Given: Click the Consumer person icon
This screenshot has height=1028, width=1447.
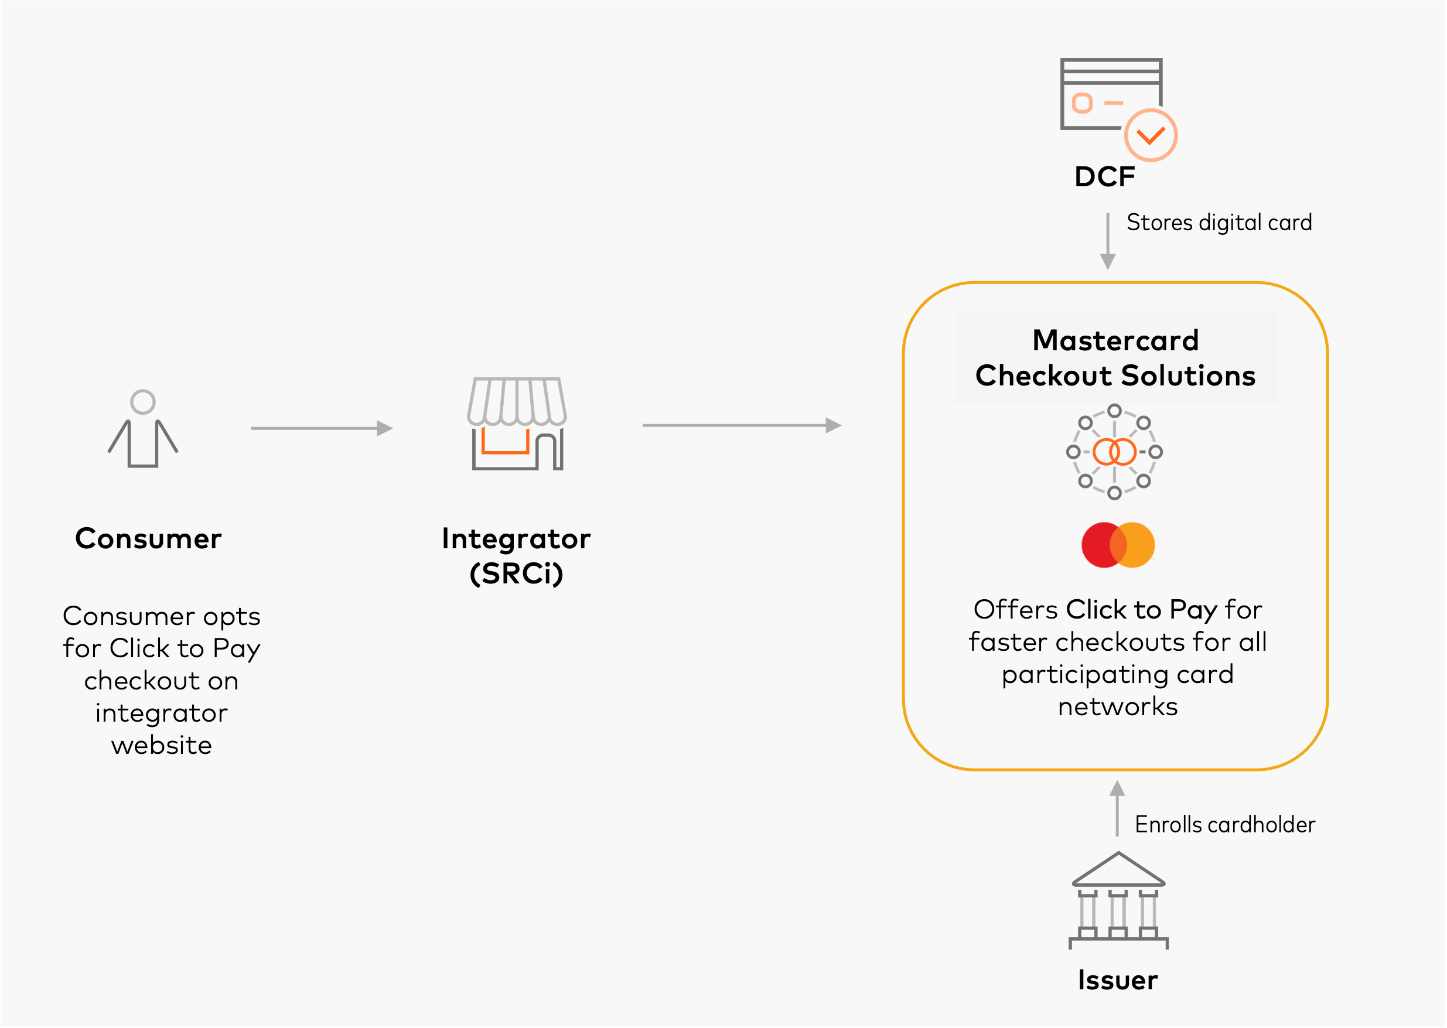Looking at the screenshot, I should point(143,429).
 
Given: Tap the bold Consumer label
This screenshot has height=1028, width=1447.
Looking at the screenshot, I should point(148,539).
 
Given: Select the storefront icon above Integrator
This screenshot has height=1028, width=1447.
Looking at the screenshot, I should point(517,424).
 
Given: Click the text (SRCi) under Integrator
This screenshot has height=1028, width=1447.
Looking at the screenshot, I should point(516,573).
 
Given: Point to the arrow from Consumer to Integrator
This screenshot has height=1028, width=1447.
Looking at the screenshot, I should point(322,429).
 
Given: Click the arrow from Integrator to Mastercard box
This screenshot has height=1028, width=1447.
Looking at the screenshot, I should point(741,425).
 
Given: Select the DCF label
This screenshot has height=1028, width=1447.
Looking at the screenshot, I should point(1104,177).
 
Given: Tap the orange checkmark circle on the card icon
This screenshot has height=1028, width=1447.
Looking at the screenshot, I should point(1150,135).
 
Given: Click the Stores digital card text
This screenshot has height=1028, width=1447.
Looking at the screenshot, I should point(1219,223).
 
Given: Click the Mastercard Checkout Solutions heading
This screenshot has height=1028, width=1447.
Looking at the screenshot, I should point(1115,358).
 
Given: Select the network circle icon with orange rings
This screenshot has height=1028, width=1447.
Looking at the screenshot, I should point(1114,452).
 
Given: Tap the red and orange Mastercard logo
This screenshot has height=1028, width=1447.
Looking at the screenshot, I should point(1118,545).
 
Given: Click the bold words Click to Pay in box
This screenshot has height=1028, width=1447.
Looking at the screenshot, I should point(1141,610).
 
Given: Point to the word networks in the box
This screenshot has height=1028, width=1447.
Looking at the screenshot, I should point(1117,706).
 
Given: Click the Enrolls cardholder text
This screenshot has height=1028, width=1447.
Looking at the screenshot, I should point(1224,825).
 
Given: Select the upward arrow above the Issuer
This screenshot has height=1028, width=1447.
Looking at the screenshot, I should point(1117,808).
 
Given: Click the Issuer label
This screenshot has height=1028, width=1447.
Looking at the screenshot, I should point(1117,980).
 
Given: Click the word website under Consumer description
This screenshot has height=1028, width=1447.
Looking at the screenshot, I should point(162,745).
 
